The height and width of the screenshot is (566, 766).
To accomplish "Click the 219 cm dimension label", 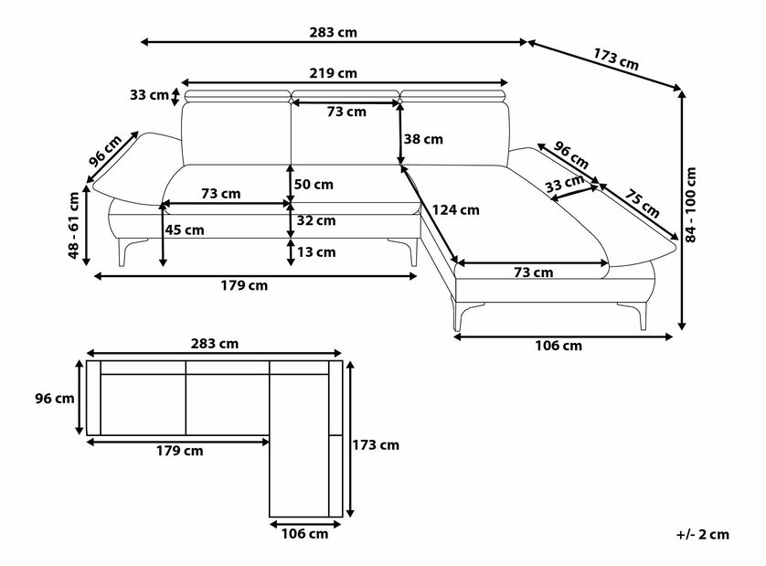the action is pos(333,73).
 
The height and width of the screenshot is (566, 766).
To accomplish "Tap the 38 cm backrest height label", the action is pos(423,139).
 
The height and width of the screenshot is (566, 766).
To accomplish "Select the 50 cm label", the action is pos(314,185).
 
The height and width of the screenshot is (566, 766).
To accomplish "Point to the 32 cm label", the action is pos(316,221).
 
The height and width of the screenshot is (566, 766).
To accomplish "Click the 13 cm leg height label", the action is pos(316,252).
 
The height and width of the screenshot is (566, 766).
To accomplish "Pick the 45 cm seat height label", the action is pos(184,230).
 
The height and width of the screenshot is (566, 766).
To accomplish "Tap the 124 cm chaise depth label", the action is pos(455,210).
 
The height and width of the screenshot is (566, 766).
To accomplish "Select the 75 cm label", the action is pos(642,204).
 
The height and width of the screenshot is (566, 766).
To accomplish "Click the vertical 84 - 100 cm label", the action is pos(690,205).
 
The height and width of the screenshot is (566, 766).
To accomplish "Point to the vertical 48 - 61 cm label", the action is pos(73,225).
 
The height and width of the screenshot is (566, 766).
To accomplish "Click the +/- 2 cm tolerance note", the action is pos(703,535).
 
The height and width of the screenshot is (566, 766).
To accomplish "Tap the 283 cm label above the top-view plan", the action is pos(215,344).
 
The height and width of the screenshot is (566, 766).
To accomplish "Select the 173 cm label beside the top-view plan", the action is pos(376,445).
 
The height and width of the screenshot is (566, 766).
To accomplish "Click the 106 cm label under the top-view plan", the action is pos(304,534).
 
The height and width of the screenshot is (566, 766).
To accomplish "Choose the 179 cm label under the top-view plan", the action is pos(180,451).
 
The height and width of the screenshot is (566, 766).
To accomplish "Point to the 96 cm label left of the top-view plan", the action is pos(55,399).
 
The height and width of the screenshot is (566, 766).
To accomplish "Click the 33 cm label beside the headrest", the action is pos(150,95).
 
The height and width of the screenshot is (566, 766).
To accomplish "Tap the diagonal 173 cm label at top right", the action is pos(616,59).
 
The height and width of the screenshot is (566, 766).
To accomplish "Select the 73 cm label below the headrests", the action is pos(346,112).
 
